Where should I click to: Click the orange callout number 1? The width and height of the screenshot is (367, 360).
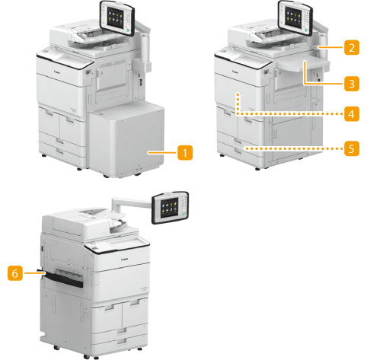coord(185,153)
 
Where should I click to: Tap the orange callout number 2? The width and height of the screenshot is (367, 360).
coord(352,47)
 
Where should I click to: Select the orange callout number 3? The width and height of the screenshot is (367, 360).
coord(352,84)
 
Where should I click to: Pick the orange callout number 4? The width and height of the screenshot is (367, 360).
coord(352,114)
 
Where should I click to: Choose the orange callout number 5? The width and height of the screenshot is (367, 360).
coord(352,148)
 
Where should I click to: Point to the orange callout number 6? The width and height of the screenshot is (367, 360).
coord(15,273)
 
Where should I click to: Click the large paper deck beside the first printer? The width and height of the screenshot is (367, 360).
coord(126,139)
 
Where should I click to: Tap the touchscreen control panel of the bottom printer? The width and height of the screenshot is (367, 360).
coord(170,208)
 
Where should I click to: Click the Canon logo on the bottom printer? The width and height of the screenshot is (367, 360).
coord(124,260)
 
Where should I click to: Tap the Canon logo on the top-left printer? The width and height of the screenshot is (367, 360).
coord(57,72)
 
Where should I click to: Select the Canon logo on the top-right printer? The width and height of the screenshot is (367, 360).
coord(235,72)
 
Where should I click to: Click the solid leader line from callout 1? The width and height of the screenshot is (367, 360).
coord(162,153)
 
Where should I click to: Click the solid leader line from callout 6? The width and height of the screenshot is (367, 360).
coord(34,273)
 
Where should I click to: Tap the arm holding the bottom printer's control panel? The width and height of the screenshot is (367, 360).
coord(132,203)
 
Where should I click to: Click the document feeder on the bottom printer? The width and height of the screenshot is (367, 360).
coord(84,222)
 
